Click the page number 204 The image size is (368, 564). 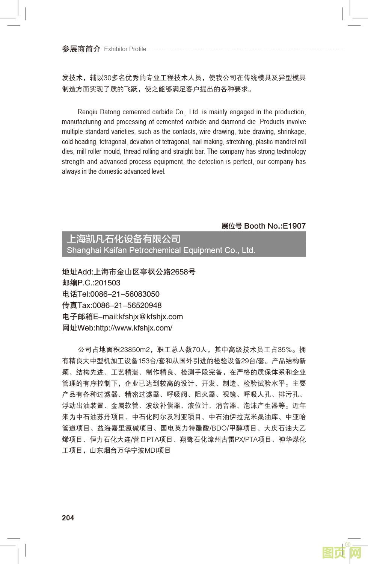pyautogui.click(x=68, y=518)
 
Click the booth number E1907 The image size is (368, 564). pyautogui.click(x=294, y=226)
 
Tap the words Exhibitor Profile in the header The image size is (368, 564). pyautogui.click(x=125, y=49)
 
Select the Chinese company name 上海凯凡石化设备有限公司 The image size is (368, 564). pyautogui.click(x=124, y=239)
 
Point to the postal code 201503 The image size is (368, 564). pyautogui.click(x=107, y=283)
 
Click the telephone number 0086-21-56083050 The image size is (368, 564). pyautogui.click(x=125, y=294)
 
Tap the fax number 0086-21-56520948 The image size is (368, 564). pyautogui.click(x=127, y=305)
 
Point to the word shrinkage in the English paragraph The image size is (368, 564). pyautogui.click(x=292, y=132)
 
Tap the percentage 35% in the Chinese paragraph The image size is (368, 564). pyautogui.click(x=285, y=350)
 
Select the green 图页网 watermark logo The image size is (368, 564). pyautogui.click(x=342, y=553)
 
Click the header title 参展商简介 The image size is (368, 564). pyautogui.click(x=81, y=49)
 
